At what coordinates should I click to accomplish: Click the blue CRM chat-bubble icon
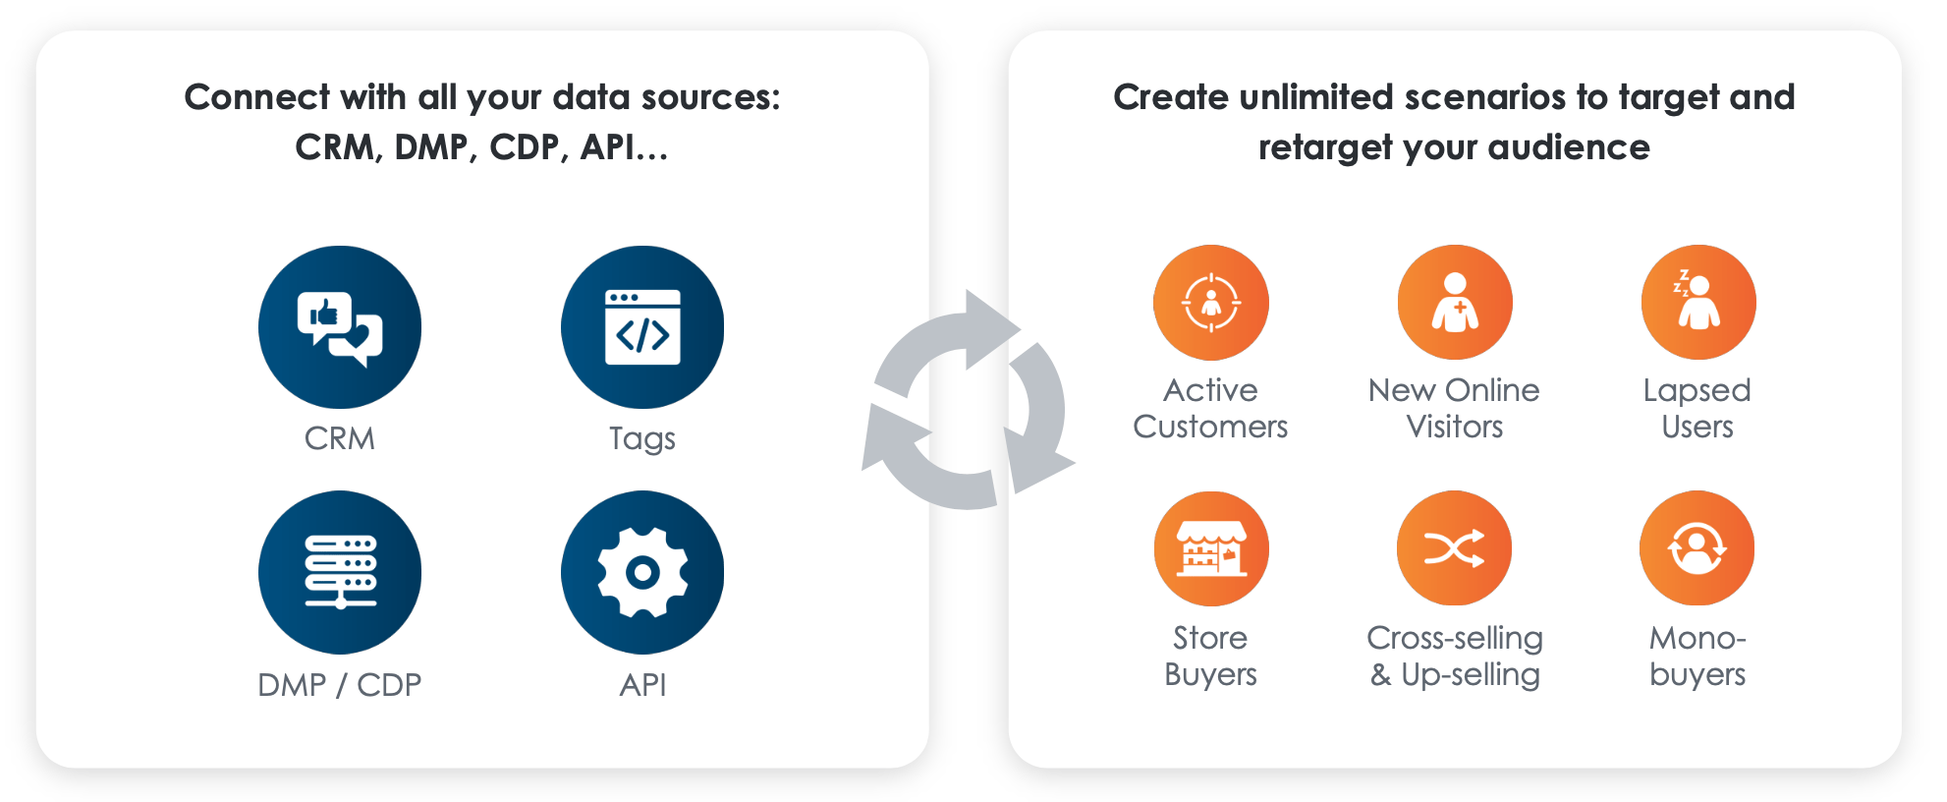pos(340,327)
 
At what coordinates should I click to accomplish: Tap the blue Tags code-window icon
pos(642,327)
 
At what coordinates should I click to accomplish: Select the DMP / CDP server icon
pos(340,572)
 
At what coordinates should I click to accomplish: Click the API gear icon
pos(642,572)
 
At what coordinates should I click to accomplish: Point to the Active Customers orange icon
pos(1211,303)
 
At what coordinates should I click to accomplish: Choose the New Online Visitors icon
pos(1455,303)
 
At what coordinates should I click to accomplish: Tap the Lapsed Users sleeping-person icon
pos(1698,303)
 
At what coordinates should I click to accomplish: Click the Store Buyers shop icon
pos(1211,548)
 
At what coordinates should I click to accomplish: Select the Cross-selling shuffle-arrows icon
pos(1455,548)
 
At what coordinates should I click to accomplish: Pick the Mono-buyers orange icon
pos(1697,548)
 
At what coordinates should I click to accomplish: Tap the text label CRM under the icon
pos(340,438)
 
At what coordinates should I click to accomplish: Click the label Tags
pos(642,438)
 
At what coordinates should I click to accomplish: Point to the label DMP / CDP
pos(340,684)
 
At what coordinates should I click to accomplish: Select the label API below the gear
pos(642,684)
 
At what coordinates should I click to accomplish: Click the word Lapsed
pos(1697,391)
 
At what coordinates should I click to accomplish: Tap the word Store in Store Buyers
pos(1210,638)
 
